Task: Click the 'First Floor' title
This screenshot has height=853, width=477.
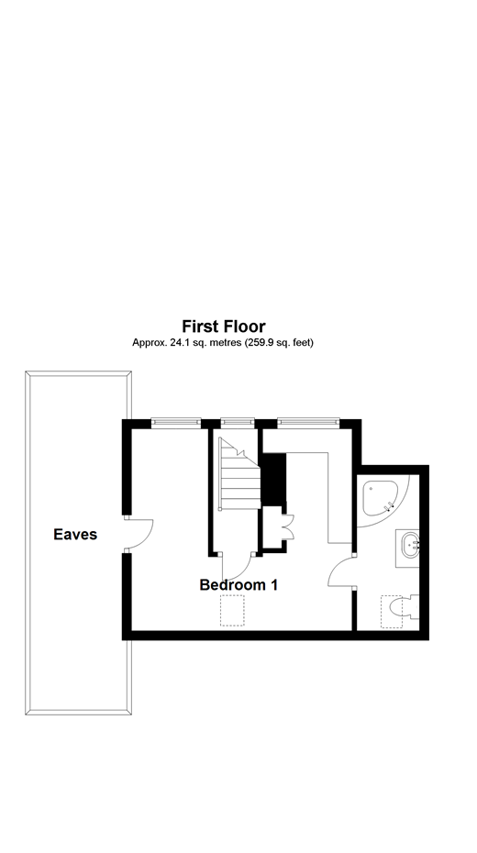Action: point(223,326)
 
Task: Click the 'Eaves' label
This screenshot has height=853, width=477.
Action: point(75,534)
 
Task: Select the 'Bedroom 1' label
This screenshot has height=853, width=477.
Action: point(238,584)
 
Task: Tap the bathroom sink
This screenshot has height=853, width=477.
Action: point(408,545)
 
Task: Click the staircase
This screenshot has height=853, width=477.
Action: point(236,476)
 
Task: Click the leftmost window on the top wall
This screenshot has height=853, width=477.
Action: point(176,422)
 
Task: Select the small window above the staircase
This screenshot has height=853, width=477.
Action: point(237,422)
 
